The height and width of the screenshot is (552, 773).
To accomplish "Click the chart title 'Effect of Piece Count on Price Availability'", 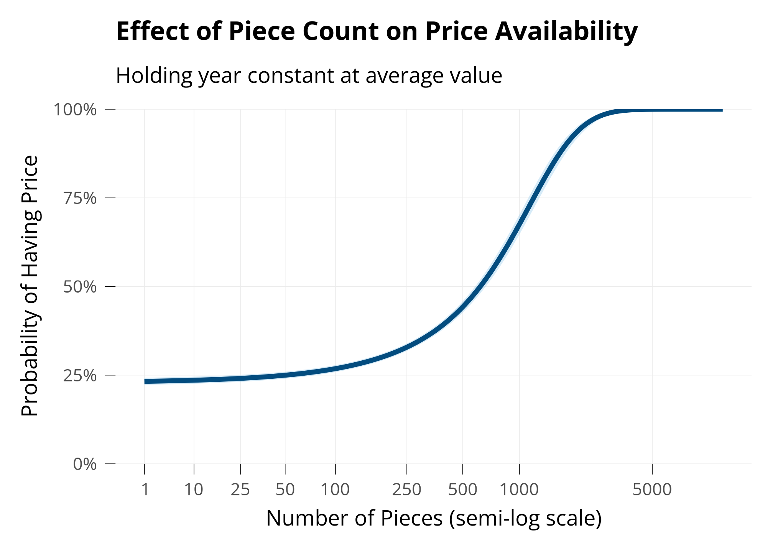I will (x=377, y=31).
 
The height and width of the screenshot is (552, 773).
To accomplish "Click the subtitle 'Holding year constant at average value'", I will (x=309, y=76).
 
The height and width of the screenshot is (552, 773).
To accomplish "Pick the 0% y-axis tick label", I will (x=84, y=465).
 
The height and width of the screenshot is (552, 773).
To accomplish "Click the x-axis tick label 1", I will (x=145, y=490).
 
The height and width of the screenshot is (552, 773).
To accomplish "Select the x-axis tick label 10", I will (x=194, y=490).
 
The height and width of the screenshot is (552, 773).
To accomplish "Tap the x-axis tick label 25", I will (x=240, y=490).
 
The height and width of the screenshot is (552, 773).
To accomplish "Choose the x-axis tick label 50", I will (x=285, y=490).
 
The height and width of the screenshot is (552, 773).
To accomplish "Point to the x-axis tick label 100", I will (x=336, y=490).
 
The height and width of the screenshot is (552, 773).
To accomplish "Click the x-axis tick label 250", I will (x=406, y=490).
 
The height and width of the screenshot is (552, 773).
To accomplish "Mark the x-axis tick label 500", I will (x=463, y=490).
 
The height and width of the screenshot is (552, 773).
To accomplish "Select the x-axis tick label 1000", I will (x=519, y=490).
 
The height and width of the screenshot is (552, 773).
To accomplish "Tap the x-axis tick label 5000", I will (x=652, y=490).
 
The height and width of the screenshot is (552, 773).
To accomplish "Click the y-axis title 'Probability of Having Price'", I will (x=30, y=286).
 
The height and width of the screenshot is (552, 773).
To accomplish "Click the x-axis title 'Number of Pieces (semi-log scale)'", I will (x=434, y=519).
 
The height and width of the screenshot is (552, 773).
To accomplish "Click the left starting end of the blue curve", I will (x=145, y=381).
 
